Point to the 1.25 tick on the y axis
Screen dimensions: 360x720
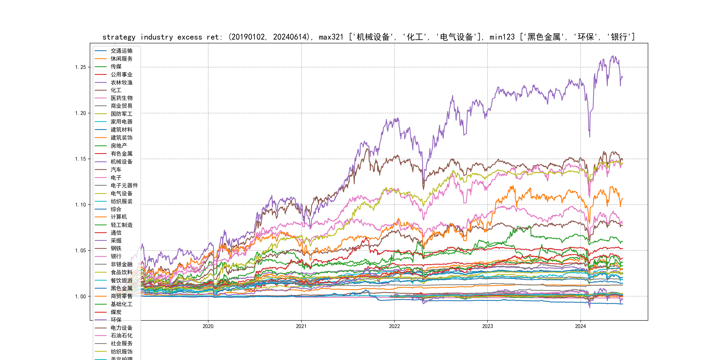point(80,67)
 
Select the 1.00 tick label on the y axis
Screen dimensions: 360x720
point(80,296)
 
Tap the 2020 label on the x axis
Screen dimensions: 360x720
point(208,326)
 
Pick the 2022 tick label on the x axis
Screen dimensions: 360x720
point(394,326)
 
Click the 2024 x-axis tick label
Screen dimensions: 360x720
point(580,326)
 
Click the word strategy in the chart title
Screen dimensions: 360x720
point(119,37)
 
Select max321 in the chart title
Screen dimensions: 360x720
point(331,37)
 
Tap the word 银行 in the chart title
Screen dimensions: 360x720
point(619,37)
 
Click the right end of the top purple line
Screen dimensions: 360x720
point(623,77)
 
